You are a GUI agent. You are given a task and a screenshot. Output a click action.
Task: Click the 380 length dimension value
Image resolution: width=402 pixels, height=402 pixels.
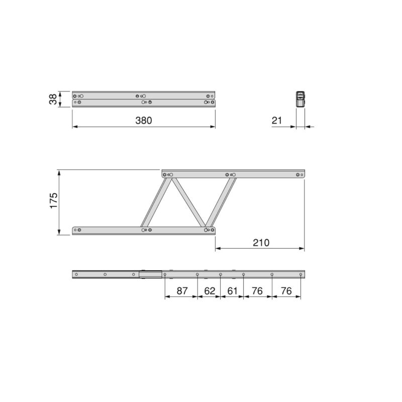[143, 121]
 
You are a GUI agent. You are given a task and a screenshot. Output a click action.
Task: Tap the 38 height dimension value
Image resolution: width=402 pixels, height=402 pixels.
[53, 99]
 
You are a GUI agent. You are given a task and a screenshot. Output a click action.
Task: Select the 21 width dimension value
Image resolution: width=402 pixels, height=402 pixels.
[277, 121]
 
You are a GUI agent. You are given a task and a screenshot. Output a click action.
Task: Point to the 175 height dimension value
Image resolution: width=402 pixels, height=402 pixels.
[54, 200]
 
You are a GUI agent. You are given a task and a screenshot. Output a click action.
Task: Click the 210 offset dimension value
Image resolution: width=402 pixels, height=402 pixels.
[261, 243]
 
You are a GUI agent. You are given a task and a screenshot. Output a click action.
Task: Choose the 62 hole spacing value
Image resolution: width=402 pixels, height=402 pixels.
[209, 291]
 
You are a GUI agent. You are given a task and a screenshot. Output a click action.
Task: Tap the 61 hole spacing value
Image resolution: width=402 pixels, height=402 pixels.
[232, 291]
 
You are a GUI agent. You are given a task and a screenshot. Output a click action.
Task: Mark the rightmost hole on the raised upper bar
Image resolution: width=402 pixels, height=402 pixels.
[298, 174]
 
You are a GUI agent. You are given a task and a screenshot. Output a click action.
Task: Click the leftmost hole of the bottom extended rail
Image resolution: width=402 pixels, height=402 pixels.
[77, 274]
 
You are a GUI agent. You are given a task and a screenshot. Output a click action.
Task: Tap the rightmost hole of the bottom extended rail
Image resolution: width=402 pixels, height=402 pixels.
[300, 274]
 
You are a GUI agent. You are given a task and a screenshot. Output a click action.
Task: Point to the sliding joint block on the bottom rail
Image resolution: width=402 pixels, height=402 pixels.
[150, 274]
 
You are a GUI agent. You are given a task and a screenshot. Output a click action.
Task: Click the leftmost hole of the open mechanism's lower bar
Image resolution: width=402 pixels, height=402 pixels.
[75, 230]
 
